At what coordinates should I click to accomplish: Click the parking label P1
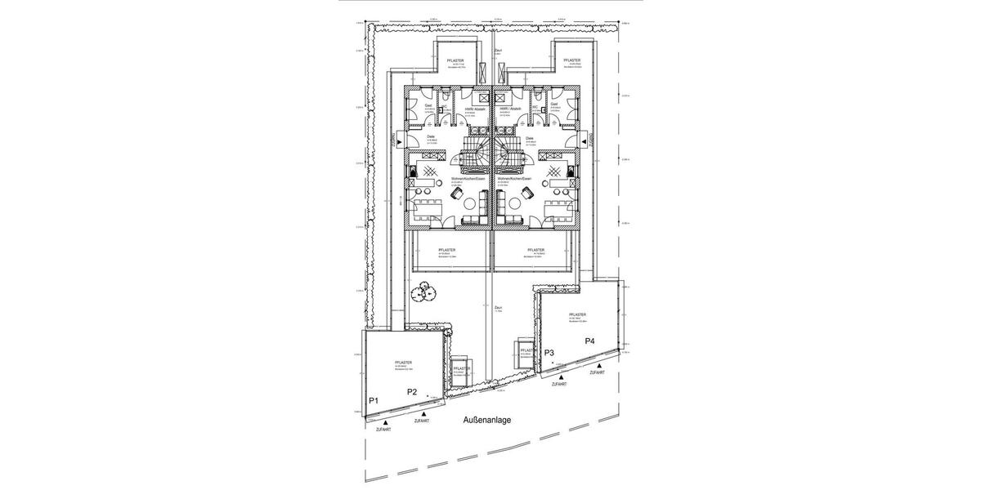pyautogui.click(x=373, y=400)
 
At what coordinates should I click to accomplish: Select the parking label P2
pyautogui.click(x=413, y=393)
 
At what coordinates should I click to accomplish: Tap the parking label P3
pyautogui.click(x=549, y=353)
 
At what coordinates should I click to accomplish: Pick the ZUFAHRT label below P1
pyautogui.click(x=382, y=429)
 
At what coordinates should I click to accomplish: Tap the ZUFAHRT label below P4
pyautogui.click(x=597, y=372)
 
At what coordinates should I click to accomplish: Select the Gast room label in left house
pyautogui.click(x=429, y=105)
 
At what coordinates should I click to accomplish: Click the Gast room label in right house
pyautogui.click(x=553, y=105)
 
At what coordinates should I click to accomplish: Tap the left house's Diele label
pyautogui.click(x=431, y=137)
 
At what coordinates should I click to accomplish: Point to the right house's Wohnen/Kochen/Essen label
pyautogui.click(x=514, y=178)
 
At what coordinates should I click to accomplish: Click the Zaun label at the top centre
pyautogui.click(x=497, y=50)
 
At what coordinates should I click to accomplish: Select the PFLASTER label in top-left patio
pyautogui.click(x=455, y=61)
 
